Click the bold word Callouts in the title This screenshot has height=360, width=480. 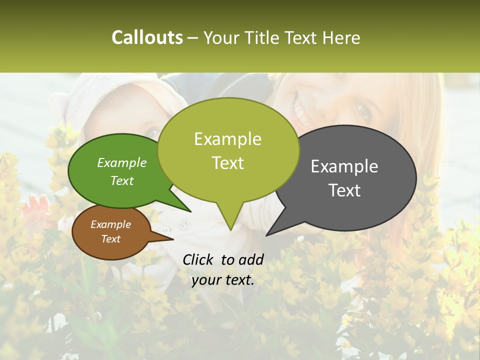(x=147, y=37)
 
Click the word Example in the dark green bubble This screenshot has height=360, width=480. (x=122, y=162)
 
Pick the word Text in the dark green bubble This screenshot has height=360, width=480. (x=122, y=180)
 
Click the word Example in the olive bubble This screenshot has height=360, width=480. (x=228, y=139)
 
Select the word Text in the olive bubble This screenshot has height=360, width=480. (x=228, y=163)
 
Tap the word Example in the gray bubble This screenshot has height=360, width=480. (x=344, y=166)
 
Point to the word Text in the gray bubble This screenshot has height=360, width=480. (x=344, y=190)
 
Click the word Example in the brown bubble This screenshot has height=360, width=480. (x=110, y=224)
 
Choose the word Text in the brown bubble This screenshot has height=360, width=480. (x=110, y=239)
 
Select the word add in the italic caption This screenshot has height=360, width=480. (x=251, y=259)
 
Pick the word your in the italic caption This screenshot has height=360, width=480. (x=204, y=280)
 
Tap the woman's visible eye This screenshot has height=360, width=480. (x=363, y=111)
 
